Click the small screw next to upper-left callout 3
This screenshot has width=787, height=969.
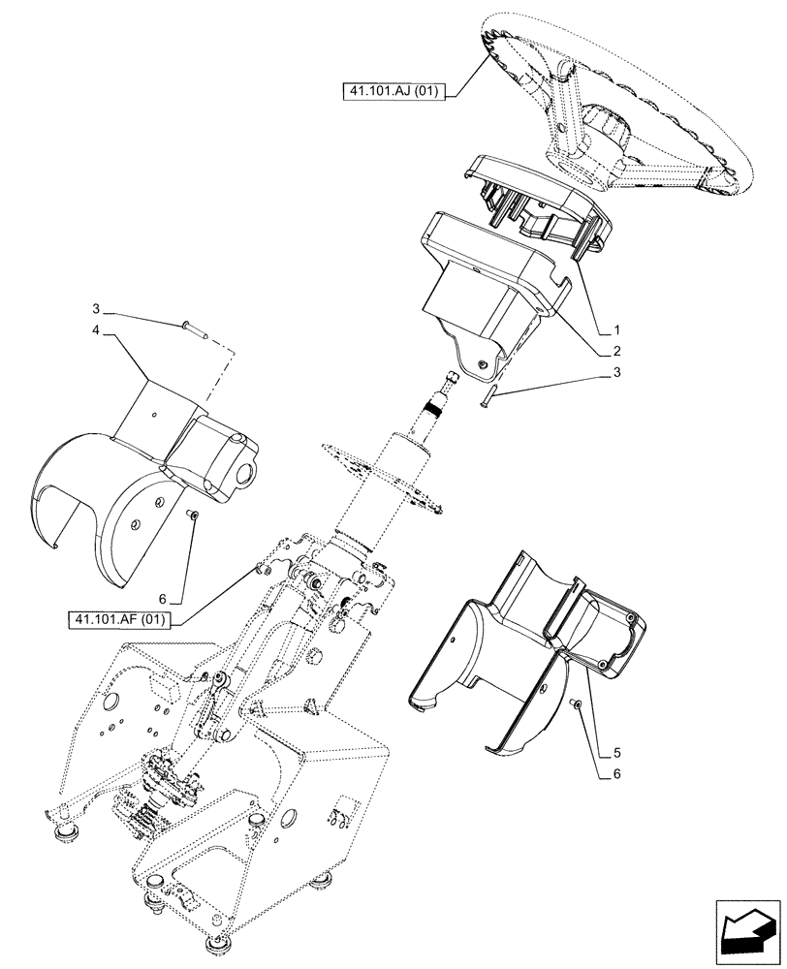(191, 328)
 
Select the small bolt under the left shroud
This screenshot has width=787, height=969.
(193, 514)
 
